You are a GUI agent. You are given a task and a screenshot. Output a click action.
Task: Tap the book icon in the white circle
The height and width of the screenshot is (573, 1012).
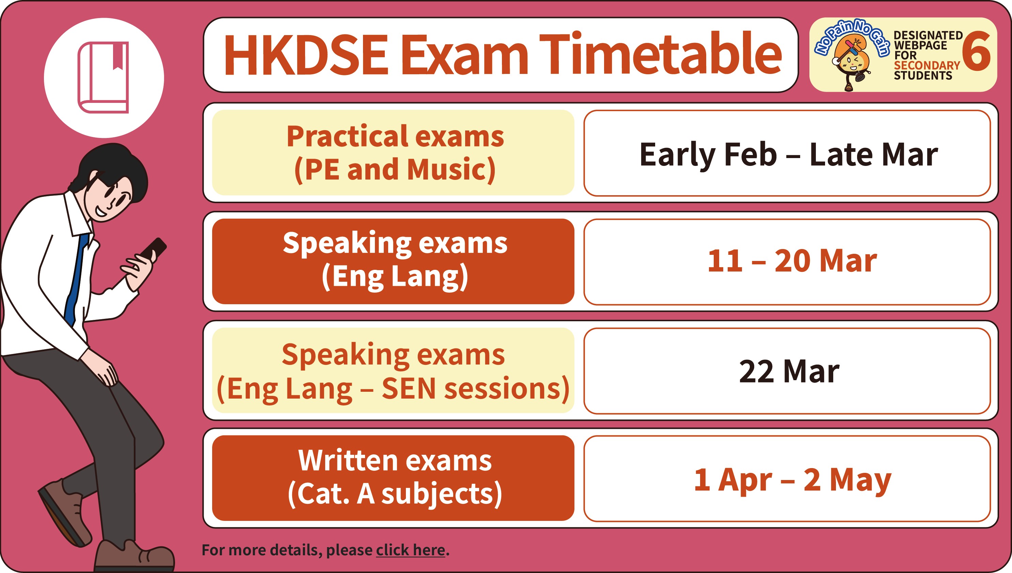coord(104,78)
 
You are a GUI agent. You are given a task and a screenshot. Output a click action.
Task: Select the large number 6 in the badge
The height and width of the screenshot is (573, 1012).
coord(976,51)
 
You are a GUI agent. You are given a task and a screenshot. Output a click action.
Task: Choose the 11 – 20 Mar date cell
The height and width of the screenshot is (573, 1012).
coord(787,262)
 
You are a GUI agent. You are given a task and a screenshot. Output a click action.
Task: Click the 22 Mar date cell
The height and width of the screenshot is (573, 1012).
coord(787,371)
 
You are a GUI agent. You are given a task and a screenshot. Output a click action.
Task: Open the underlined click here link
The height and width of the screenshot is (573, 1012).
coord(410,550)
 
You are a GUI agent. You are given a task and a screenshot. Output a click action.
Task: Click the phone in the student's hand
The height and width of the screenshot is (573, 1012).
coord(152,251)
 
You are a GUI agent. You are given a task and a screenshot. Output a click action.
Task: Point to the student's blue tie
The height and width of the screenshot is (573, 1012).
coord(76,279)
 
